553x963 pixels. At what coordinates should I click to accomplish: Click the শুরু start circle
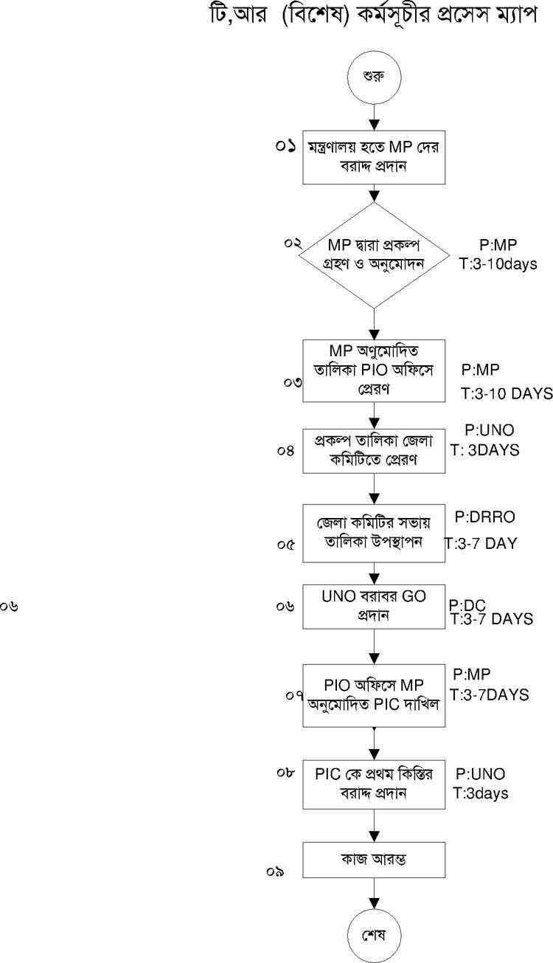(374, 76)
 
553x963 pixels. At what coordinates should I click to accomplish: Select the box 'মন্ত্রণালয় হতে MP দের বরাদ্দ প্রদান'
(374, 159)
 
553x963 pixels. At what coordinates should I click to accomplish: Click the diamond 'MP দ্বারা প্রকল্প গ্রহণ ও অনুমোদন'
(374, 255)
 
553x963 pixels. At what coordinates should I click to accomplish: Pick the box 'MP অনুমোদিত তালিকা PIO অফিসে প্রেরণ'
(374, 370)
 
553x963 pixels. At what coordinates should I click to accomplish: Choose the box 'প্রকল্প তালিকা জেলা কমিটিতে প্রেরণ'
(374, 450)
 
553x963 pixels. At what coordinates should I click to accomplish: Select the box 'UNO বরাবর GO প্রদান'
(374, 606)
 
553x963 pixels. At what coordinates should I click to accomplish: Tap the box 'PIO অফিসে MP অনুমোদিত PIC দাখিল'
(374, 695)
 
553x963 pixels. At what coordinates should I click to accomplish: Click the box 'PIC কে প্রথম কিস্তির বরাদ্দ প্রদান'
(374, 784)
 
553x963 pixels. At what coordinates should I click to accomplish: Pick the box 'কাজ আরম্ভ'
(374, 860)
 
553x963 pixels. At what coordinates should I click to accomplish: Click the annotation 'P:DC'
(467, 605)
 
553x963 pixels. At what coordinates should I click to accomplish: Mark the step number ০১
(286, 146)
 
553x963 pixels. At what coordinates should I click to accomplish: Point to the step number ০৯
(276, 871)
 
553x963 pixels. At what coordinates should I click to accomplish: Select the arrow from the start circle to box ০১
(374, 114)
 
